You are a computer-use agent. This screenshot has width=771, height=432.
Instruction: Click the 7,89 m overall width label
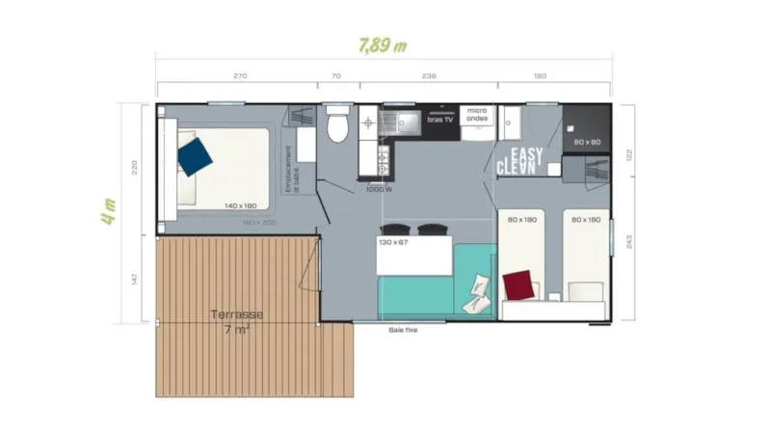pyautogui.click(x=382, y=45)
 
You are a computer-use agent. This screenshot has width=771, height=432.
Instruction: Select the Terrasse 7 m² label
pyautogui.click(x=236, y=323)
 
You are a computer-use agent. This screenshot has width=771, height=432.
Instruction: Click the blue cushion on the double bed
pyautogui.click(x=196, y=155)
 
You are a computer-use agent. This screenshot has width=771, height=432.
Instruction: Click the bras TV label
pyautogui.click(x=440, y=120)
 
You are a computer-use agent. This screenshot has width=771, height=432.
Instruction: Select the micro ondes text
pyautogui.click(x=477, y=115)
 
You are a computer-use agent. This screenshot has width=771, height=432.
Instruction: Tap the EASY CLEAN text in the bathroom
pyautogui.click(x=519, y=160)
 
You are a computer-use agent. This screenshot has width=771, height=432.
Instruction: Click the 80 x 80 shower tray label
pyautogui.click(x=587, y=142)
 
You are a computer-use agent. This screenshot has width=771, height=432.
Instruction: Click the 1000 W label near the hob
pyautogui.click(x=379, y=189)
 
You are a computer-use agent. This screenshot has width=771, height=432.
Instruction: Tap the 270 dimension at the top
pyautogui.click(x=240, y=75)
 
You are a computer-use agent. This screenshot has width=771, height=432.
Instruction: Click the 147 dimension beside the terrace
pyautogui.click(x=135, y=280)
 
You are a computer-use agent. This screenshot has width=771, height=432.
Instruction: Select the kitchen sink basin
pyautogui.click(x=405, y=121)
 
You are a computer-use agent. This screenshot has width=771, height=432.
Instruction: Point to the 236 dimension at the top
pyautogui.click(x=430, y=75)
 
